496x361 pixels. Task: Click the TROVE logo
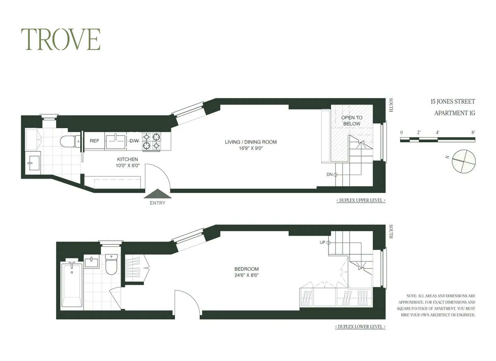61,40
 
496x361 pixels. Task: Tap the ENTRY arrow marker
157,194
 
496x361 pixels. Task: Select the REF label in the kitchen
94,141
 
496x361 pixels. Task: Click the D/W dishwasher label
134,141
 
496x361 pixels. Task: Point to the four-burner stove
152,141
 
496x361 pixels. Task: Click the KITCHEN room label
127,159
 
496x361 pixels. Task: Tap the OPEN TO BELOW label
352,121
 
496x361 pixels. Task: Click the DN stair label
330,175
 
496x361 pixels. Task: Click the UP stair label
322,242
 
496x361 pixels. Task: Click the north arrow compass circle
463,161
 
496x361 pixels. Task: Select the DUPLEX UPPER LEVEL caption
361,201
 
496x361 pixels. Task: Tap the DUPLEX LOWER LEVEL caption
360,327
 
